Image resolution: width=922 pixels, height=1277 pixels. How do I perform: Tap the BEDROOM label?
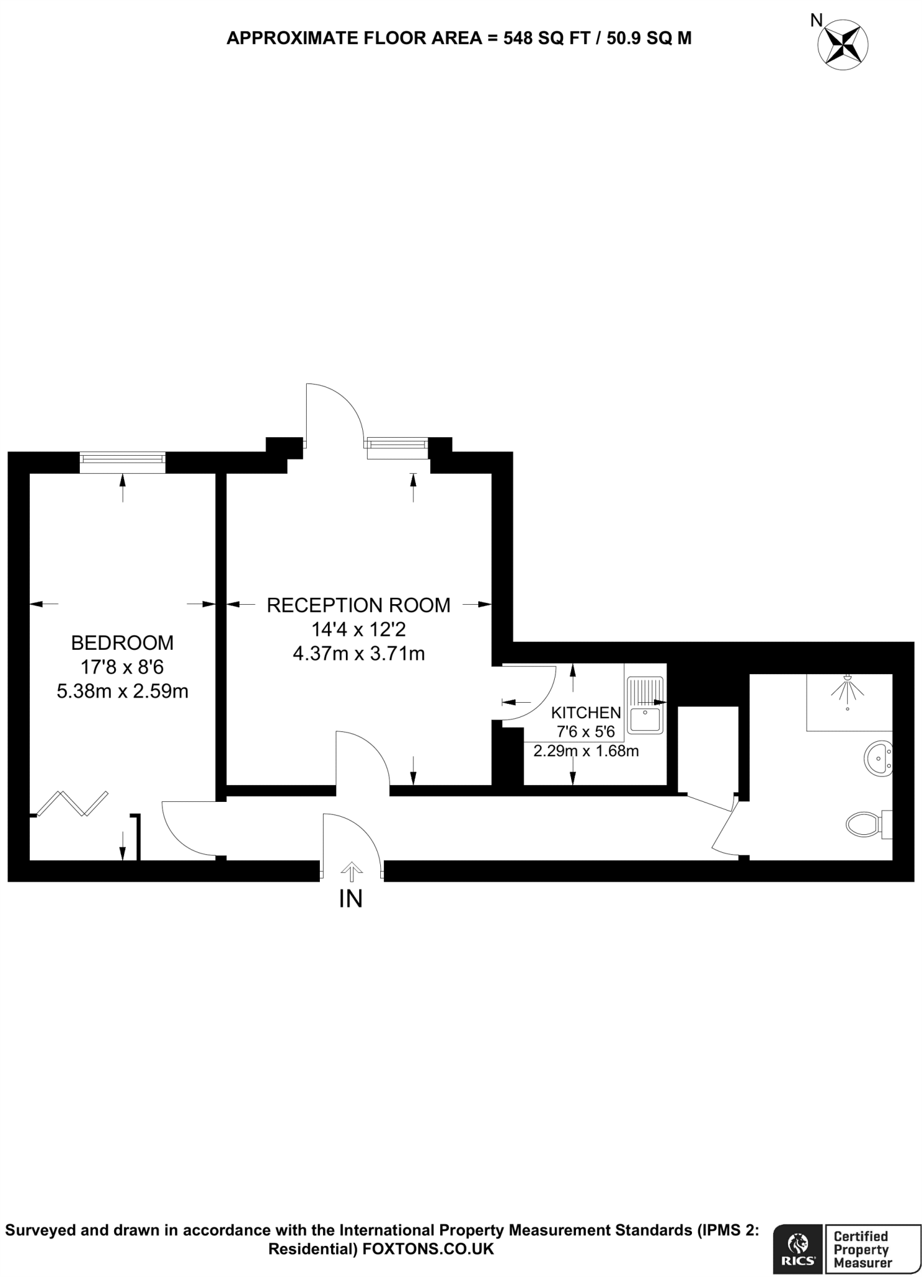click(122, 642)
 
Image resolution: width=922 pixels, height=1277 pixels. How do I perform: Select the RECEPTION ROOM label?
click(358, 605)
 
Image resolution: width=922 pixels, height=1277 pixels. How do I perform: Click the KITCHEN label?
click(586, 713)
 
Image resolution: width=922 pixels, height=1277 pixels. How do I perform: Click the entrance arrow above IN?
click(352, 872)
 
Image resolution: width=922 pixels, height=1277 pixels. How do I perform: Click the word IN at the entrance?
click(350, 899)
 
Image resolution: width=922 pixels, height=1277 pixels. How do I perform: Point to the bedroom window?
click(122, 463)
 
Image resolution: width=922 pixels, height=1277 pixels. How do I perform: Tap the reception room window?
click(397, 447)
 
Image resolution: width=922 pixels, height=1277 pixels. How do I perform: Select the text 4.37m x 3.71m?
click(358, 654)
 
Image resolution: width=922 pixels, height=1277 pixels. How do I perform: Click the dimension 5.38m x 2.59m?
click(122, 692)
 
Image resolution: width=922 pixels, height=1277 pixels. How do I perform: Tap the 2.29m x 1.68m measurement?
click(586, 751)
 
